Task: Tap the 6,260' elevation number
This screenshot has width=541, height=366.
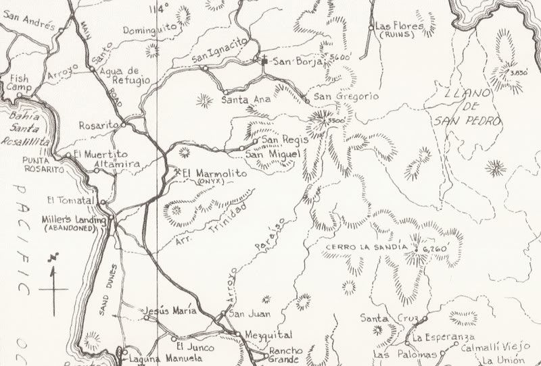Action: point(436,249)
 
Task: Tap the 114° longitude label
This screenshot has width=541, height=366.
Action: point(160,9)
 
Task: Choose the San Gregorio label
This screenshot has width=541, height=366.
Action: point(344,97)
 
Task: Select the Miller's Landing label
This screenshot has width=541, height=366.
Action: point(74,219)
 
